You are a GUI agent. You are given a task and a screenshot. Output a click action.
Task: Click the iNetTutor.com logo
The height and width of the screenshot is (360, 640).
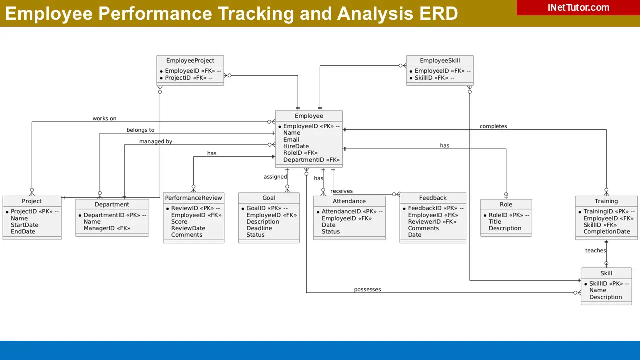[x=578, y=7]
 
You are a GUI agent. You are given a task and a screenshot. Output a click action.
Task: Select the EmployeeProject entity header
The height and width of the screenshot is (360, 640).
[x=190, y=61]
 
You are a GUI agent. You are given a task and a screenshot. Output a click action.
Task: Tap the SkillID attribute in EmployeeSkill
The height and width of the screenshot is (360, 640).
[x=434, y=78]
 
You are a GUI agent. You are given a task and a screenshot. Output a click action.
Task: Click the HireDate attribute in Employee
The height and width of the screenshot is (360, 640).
[x=296, y=146]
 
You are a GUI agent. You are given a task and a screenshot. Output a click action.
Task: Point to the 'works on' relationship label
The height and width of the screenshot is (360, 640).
[x=104, y=119]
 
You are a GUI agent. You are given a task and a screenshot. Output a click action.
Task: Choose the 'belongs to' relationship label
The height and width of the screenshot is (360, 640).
[x=140, y=130]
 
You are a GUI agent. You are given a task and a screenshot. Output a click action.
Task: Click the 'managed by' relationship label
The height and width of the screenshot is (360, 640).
[x=155, y=142]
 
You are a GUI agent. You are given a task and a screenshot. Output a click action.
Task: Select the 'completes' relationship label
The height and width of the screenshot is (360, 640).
[x=493, y=126]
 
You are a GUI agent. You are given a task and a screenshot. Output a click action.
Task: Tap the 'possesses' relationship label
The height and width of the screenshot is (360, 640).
[x=367, y=290]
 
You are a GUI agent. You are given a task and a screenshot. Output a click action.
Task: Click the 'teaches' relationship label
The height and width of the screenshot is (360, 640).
[x=595, y=251]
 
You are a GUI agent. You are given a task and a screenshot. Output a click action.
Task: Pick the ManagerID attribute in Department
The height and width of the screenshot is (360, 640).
[x=107, y=228]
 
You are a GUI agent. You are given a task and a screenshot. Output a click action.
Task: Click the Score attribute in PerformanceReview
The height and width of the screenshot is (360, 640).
[x=179, y=222]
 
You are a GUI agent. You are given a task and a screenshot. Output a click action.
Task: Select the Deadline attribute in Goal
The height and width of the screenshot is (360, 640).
[x=259, y=228]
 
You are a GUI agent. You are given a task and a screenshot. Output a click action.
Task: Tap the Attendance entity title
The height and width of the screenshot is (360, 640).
[x=349, y=201]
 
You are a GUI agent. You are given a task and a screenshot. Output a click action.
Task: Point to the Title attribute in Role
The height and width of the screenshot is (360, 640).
[x=495, y=222]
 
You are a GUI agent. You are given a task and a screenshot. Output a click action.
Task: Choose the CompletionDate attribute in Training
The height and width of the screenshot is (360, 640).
[x=606, y=232]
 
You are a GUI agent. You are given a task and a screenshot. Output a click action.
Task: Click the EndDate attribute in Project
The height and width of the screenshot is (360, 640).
[x=23, y=232]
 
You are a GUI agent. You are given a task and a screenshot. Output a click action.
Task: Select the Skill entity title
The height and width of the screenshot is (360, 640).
[x=606, y=273]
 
